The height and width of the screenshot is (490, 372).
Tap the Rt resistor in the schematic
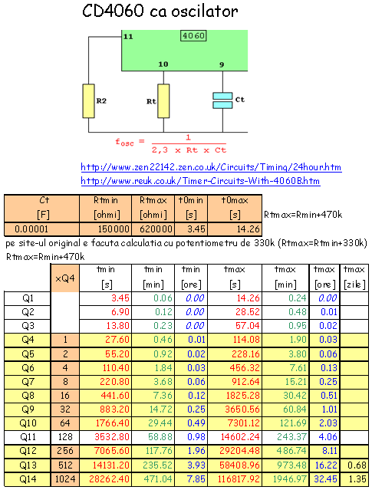163,100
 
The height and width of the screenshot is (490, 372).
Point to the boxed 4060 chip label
192,35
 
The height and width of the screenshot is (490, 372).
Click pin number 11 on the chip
128,37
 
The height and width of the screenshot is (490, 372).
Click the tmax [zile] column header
354,277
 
